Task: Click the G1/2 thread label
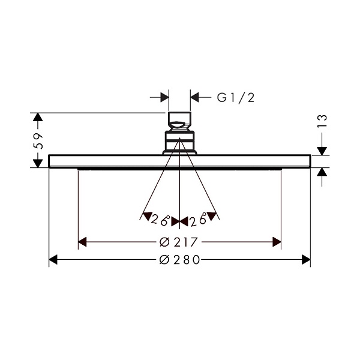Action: (236, 98)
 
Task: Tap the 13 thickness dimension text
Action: (322, 121)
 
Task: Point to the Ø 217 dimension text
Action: (178, 242)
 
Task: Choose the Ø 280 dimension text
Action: (179, 260)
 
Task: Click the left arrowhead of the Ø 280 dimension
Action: (53, 260)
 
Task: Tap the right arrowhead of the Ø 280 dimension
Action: (306, 260)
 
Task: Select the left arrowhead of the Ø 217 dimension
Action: (82, 242)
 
